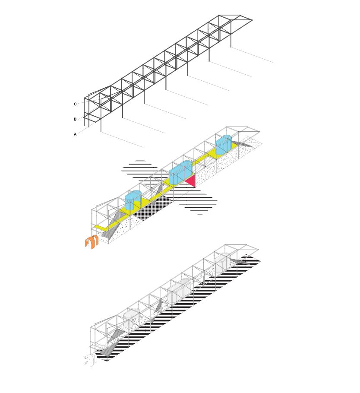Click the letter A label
pyautogui.click(x=75, y=134)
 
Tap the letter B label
pyautogui.click(x=75, y=119)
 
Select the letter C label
pyautogui.click(x=75, y=104)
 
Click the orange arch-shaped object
pyautogui.click(x=91, y=242)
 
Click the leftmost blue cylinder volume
pyautogui.click(x=133, y=200)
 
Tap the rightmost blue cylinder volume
pyautogui.click(x=224, y=145)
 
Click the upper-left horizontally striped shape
pyautogui.click(x=140, y=171)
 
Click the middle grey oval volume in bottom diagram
pyautogui.click(x=180, y=291)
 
